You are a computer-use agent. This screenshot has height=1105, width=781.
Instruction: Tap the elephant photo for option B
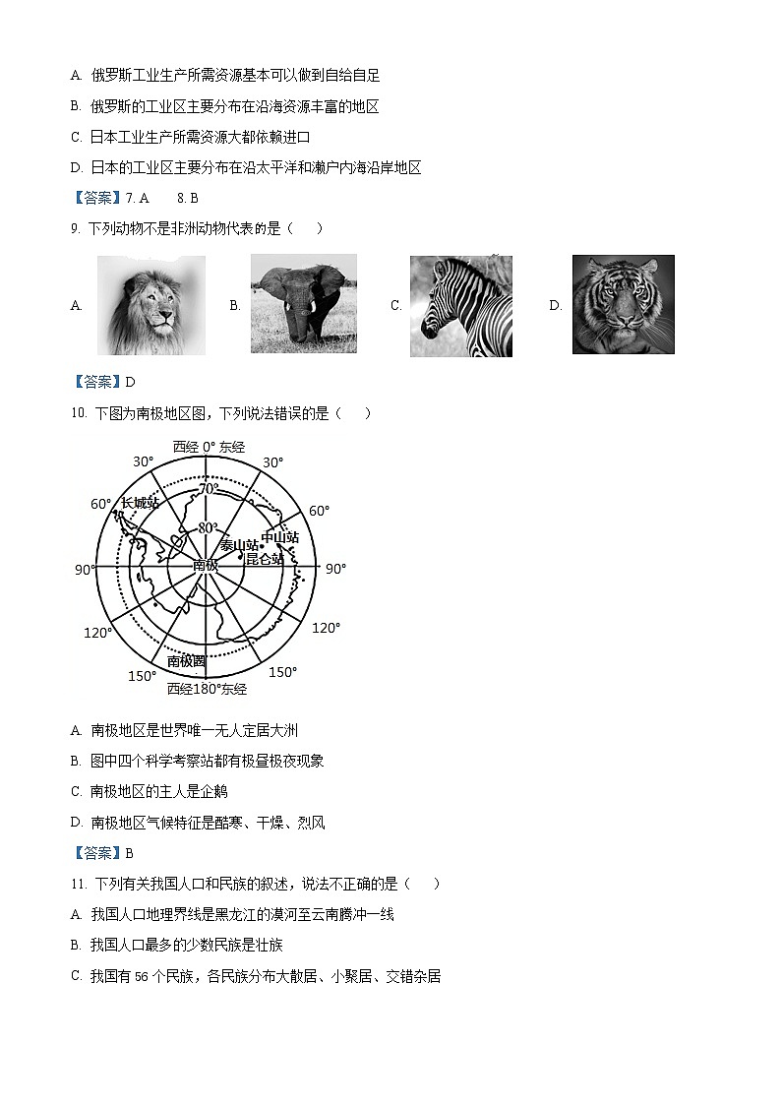[303, 304]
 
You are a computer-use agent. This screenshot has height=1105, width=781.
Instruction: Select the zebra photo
[460, 306]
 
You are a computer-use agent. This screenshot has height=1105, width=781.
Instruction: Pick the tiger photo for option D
[623, 305]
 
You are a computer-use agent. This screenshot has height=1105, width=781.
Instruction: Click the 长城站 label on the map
[140, 503]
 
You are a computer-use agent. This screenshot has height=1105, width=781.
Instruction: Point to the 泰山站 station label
[239, 545]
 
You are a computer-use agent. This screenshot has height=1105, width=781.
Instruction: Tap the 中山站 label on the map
[279, 537]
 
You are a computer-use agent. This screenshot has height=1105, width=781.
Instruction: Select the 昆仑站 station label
[264, 558]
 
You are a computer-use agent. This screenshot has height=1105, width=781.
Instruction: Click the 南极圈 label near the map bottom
[186, 661]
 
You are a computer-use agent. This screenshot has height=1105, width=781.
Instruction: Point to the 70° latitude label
[209, 488]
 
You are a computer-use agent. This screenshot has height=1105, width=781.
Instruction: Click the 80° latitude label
[208, 527]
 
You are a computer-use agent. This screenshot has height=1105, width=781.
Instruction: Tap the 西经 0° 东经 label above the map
[209, 447]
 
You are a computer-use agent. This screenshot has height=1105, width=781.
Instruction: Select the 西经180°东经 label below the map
[207, 689]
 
